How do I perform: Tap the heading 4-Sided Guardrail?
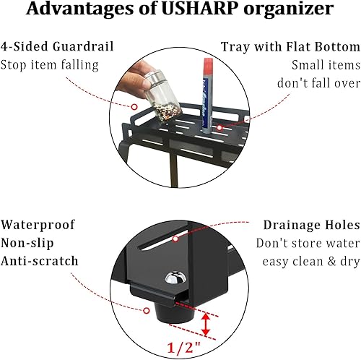click(48, 47)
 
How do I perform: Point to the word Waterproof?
click(38, 226)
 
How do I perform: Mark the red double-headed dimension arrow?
click(206, 325)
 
